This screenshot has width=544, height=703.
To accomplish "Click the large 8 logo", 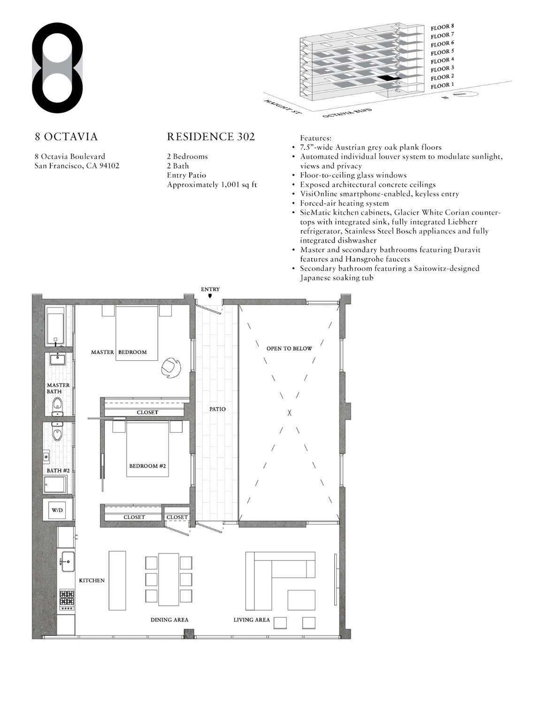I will point(57,68).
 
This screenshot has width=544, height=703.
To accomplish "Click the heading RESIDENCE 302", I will point(211,136).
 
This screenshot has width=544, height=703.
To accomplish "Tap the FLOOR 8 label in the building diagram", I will point(442,27).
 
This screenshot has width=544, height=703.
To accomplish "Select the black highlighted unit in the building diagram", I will point(388,78).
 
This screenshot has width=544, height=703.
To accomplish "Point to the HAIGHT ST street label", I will point(282,107).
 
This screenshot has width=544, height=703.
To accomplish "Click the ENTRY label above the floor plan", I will point(210,289).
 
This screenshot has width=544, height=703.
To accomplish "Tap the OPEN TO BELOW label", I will point(289,348).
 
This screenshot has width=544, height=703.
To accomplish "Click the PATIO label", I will point(217,409).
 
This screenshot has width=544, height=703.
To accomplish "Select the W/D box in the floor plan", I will point(57,510).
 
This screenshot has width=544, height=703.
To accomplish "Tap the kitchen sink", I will point(68,560).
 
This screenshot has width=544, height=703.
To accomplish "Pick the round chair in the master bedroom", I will point(170,368).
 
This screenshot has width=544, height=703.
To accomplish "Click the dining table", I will point(169,579).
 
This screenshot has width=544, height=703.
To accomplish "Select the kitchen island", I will point(117,580).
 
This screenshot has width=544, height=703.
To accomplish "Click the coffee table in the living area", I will point(301,599).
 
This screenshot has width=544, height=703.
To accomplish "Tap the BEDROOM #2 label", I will point(147,466).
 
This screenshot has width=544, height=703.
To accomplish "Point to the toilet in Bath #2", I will point(57,433).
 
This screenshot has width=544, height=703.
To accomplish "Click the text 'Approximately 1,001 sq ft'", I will point(212,185).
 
